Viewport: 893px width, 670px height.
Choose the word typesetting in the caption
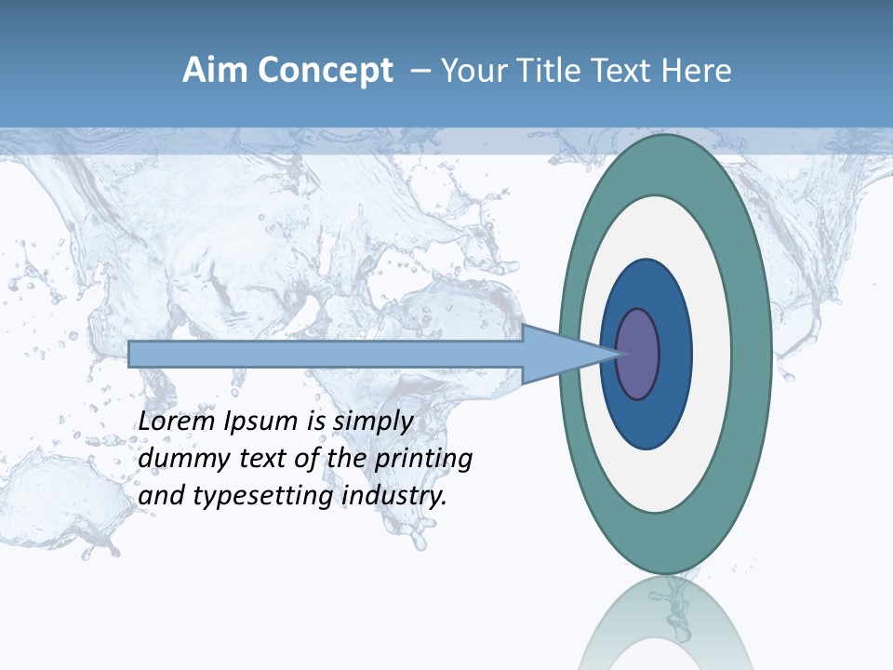coord(264,497)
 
